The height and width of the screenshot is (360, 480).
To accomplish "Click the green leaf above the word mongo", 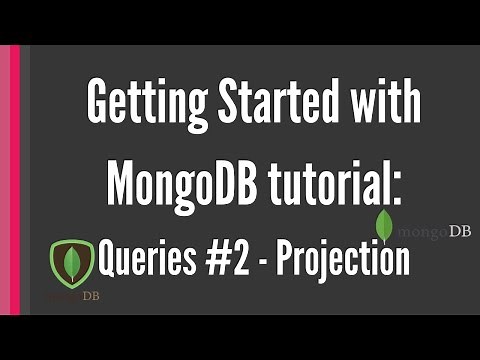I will pos(384,224).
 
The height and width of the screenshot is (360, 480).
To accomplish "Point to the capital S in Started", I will pos(215,104).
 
